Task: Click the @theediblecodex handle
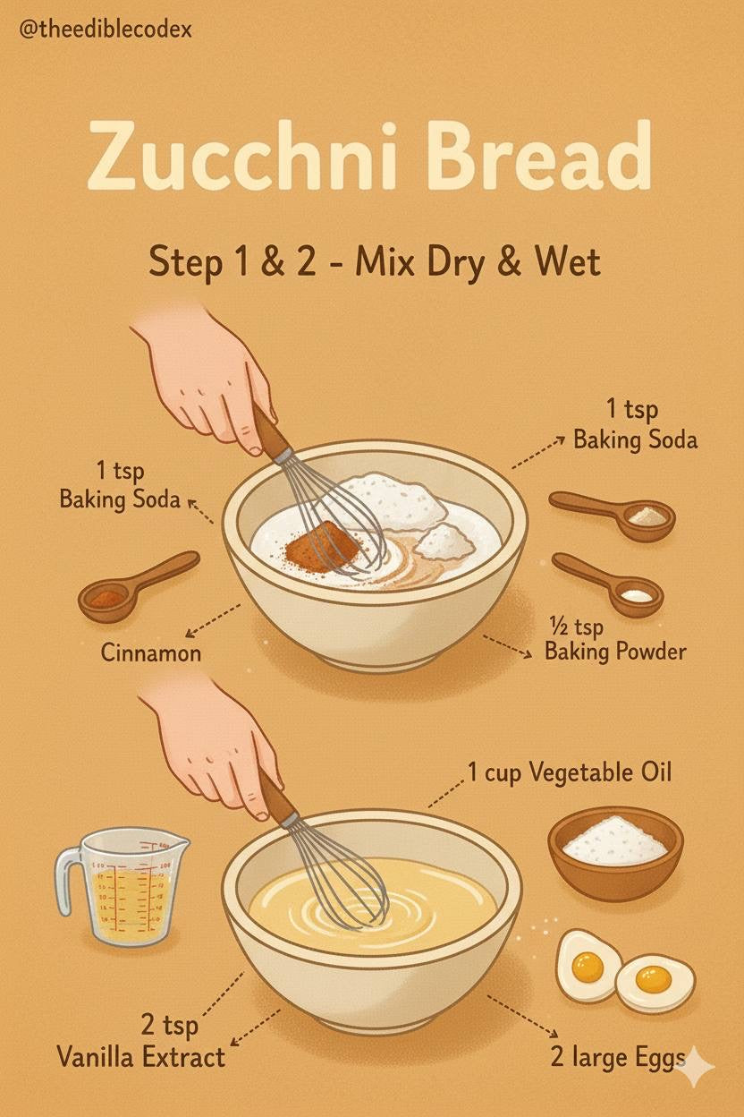tap(106, 30)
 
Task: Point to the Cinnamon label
tap(150, 652)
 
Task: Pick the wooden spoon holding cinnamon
tap(138, 586)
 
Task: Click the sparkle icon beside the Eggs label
tap(697, 1066)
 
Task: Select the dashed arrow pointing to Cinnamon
tap(213, 620)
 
